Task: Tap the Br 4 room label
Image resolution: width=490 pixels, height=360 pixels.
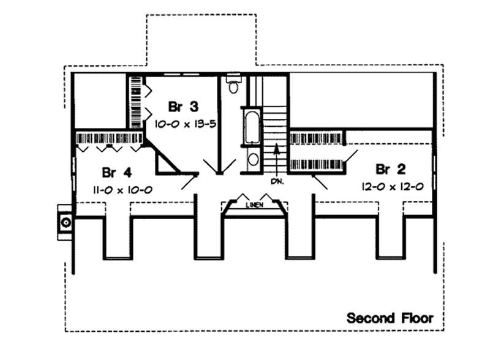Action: click(x=115, y=171)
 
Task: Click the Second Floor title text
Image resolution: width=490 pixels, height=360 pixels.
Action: click(x=390, y=318)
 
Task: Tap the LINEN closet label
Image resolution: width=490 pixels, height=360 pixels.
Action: click(x=254, y=205)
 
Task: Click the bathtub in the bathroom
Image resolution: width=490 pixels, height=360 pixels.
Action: click(x=252, y=127)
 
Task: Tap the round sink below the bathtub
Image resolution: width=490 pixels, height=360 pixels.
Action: click(x=252, y=160)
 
